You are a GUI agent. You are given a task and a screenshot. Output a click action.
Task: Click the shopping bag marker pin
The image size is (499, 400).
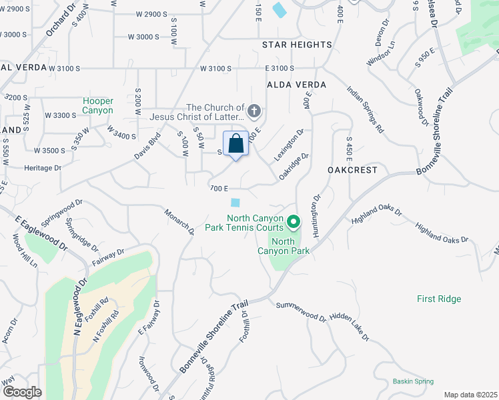click(235, 144)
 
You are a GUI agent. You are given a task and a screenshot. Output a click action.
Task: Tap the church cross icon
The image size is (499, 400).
click(254, 111)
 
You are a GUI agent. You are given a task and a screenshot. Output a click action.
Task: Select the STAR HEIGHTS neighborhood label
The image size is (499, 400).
click(297, 45)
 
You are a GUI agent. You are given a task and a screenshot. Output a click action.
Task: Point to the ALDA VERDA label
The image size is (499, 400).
click(296, 85)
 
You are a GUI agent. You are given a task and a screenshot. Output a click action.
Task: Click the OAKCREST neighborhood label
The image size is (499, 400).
click(353, 170)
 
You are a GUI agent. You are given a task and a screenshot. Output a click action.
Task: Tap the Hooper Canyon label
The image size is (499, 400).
click(98, 105)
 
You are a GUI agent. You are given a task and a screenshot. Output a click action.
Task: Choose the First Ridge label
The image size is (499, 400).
click(439, 299)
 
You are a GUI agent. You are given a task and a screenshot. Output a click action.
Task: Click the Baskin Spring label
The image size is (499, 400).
click(413, 381)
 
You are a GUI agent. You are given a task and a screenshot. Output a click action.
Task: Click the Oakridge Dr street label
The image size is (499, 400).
click(294, 166)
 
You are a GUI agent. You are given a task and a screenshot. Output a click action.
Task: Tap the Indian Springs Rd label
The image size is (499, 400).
click(366, 108)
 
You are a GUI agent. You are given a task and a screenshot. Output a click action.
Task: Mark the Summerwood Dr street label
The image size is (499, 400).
click(301, 311)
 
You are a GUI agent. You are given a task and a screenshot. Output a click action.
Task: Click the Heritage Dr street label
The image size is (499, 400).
click(41, 168)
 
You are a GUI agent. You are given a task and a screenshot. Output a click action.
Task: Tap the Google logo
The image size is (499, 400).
click(21, 391)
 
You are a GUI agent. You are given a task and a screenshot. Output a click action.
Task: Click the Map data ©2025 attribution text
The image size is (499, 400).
click(470, 395)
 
